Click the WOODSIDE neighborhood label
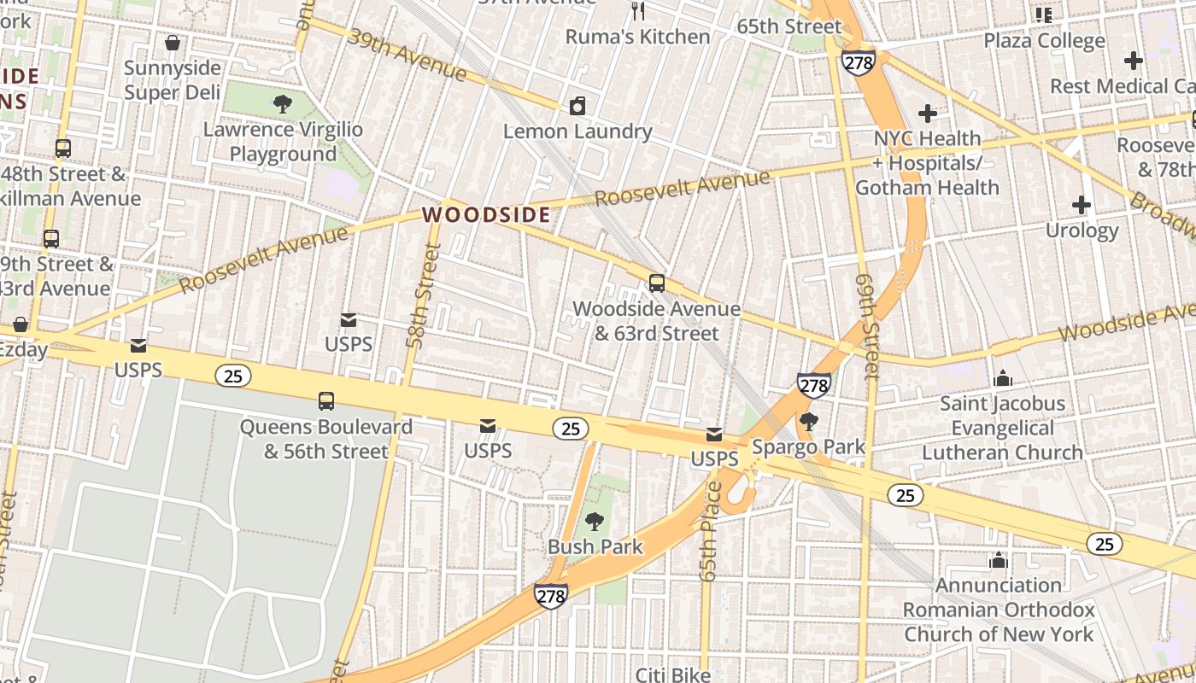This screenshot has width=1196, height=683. pyautogui.click(x=486, y=214)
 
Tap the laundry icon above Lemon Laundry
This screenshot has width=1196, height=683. pyautogui.click(x=577, y=107)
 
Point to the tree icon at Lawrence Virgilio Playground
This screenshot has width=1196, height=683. pyautogui.click(x=283, y=105)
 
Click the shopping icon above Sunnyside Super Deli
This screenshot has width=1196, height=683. pyautogui.click(x=173, y=43)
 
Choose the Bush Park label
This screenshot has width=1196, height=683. pyautogui.click(x=595, y=546)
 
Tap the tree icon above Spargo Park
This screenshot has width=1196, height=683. pyautogui.click(x=808, y=422)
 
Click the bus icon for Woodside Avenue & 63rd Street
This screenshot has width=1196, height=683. pyautogui.click(x=656, y=283)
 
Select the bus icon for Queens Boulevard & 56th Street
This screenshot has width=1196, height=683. pyautogui.click(x=325, y=401)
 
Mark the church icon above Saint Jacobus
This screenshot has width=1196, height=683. pyautogui.click(x=1003, y=377)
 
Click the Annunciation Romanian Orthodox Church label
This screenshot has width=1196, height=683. pyautogui.click(x=999, y=610)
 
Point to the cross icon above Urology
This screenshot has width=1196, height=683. pyautogui.click(x=1082, y=205)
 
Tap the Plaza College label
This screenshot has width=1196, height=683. pyautogui.click(x=1044, y=41)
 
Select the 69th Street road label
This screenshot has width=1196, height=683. pyautogui.click(x=866, y=326)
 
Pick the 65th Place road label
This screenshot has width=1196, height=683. pyautogui.click(x=710, y=531)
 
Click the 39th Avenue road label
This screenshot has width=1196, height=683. pyautogui.click(x=407, y=56)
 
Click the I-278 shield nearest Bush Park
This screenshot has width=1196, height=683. pyautogui.click(x=550, y=596)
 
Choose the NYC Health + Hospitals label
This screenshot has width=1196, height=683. pyautogui.click(x=927, y=162)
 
